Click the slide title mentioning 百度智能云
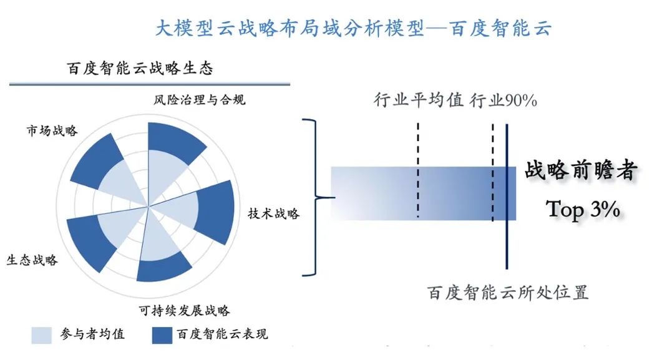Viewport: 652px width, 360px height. pyautogui.click(x=353, y=28)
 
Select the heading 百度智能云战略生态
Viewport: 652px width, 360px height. pyautogui.click(x=140, y=68)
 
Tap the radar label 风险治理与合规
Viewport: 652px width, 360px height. pyautogui.click(x=199, y=100)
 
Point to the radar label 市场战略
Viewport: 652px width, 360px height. pyautogui.click(x=52, y=130)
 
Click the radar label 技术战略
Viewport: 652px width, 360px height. pyautogui.click(x=274, y=213)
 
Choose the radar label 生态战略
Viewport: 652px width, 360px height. pyautogui.click(x=32, y=260)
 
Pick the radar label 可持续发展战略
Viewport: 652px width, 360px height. pyautogui.click(x=184, y=310)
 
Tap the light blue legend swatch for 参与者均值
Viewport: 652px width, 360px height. pyautogui.click(x=42, y=335)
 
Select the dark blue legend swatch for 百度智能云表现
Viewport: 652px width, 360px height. pyautogui.click(x=162, y=335)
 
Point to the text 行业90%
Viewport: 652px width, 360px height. pyautogui.click(x=504, y=100)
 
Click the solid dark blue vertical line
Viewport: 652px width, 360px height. pyautogui.click(x=507, y=196)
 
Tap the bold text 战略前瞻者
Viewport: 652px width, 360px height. pyautogui.click(x=581, y=170)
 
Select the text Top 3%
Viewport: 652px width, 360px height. pyautogui.click(x=583, y=208)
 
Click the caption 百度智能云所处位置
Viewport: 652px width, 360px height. pyautogui.click(x=508, y=293)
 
